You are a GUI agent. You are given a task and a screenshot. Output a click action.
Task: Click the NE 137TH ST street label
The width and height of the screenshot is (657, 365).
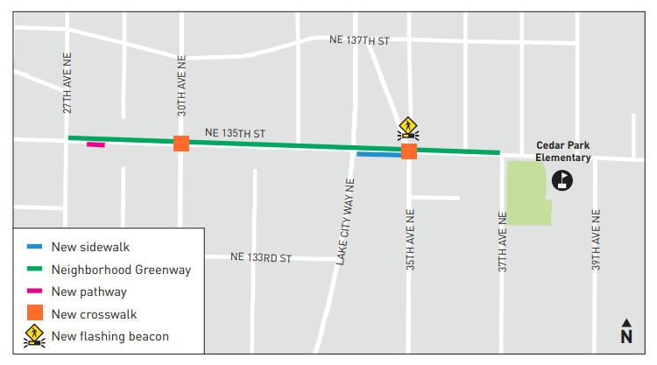point(358,40)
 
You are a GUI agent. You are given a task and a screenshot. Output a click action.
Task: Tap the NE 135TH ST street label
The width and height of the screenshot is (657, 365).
point(235,133)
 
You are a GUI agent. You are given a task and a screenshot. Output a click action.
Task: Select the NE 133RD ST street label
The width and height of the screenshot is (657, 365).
point(260,257)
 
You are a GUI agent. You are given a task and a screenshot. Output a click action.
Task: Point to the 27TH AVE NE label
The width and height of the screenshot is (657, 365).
point(67,82)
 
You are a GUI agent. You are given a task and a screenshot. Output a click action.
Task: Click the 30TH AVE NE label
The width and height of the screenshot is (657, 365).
point(182,85)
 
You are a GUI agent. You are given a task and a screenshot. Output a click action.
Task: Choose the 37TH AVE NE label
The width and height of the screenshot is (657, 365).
point(503,241)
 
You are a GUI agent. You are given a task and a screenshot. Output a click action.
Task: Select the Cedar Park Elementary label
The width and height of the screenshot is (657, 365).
point(563,151)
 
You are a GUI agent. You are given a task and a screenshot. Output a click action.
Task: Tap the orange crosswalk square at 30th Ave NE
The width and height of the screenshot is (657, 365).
point(181,144)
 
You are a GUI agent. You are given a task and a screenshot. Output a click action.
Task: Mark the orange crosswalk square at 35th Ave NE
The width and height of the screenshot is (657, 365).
point(409,151)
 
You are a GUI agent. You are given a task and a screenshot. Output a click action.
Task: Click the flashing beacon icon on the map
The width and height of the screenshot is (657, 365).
point(407,129)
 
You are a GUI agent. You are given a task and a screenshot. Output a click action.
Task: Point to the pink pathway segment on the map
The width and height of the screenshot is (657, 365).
point(95,144)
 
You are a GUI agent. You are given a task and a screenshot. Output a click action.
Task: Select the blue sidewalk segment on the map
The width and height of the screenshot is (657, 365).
point(378,154)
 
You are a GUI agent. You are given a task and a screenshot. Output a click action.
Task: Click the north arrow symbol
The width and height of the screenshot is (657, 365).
point(626,331)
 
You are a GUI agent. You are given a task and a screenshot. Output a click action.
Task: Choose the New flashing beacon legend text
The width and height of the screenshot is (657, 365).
point(110,336)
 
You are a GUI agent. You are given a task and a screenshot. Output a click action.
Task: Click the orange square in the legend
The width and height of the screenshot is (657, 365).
point(34,313)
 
